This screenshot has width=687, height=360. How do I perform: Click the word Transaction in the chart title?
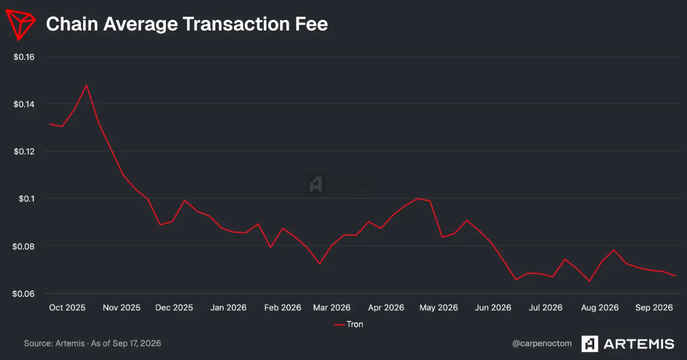(x=236, y=24)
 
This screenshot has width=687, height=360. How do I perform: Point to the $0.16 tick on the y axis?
(x=24, y=57)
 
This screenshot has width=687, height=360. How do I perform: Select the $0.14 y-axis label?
(x=24, y=104)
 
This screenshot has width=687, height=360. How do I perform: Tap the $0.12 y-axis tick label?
(x=24, y=152)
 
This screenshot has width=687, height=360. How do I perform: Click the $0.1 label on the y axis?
(x=27, y=199)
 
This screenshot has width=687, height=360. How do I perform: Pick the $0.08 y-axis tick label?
(x=23, y=247)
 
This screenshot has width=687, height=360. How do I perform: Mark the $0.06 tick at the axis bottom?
(x=23, y=294)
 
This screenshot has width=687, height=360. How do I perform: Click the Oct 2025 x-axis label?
(x=67, y=308)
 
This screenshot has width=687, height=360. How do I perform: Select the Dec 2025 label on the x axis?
(x=174, y=308)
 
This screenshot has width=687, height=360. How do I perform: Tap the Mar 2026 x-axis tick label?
(x=332, y=308)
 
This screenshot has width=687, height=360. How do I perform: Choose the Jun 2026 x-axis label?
(x=493, y=308)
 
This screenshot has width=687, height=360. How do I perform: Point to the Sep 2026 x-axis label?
(x=654, y=308)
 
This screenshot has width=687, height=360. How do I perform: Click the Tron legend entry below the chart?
(x=349, y=324)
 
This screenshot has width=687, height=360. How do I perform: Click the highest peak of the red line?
(x=87, y=85)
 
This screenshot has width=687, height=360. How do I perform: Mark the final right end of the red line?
(x=675, y=276)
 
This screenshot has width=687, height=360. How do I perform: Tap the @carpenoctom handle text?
(x=542, y=344)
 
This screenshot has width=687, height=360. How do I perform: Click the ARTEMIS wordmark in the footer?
(x=639, y=344)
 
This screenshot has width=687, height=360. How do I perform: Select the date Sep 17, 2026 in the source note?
(x=136, y=344)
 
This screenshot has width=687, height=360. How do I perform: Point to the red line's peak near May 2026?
(x=418, y=198)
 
